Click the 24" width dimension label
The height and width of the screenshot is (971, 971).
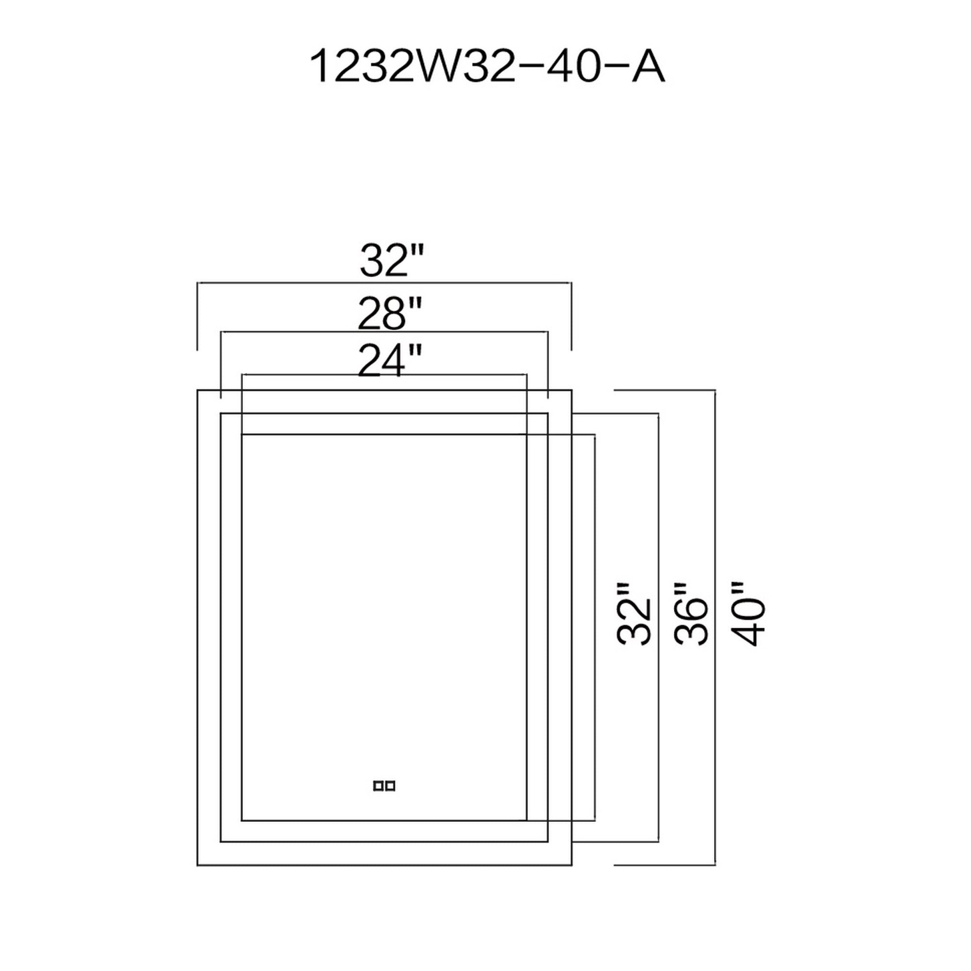388,360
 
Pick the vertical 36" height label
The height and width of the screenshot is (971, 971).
691,620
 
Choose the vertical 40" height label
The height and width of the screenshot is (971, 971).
749,620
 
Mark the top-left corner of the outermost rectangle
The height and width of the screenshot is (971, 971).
198,389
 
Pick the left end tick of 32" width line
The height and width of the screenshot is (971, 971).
198,317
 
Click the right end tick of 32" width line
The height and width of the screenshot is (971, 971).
571,317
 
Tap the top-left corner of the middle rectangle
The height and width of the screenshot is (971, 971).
220,414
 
